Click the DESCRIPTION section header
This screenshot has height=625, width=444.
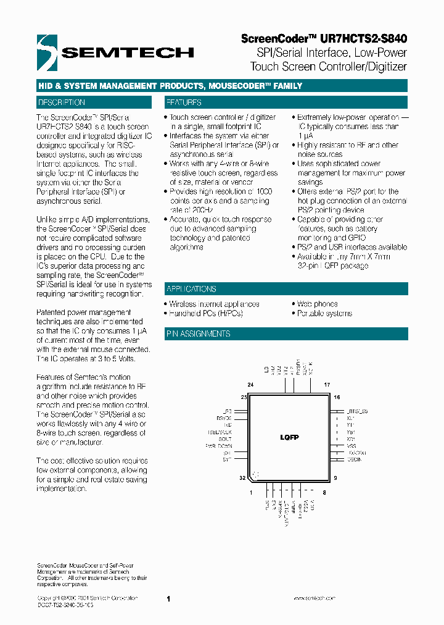[x=62, y=103]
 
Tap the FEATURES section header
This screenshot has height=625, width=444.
[x=183, y=103]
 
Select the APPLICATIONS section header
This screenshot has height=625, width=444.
[x=191, y=289]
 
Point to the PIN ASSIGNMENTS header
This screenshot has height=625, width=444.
[x=198, y=334]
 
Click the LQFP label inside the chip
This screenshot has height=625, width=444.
[x=289, y=437]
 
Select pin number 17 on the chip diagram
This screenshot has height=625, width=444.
[x=327, y=384]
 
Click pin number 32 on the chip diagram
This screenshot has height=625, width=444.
[x=244, y=478]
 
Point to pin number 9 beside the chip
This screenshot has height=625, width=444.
[x=335, y=478]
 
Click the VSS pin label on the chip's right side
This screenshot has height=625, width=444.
[x=351, y=445]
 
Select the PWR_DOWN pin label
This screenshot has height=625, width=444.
[x=219, y=445]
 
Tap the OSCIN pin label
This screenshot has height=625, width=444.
[x=354, y=459]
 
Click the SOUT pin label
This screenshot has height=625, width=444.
[x=225, y=438]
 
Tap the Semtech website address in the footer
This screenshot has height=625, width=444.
[x=314, y=598]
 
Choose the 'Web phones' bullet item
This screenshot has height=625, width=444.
[x=317, y=304]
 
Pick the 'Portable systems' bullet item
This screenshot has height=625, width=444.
[x=324, y=313]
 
